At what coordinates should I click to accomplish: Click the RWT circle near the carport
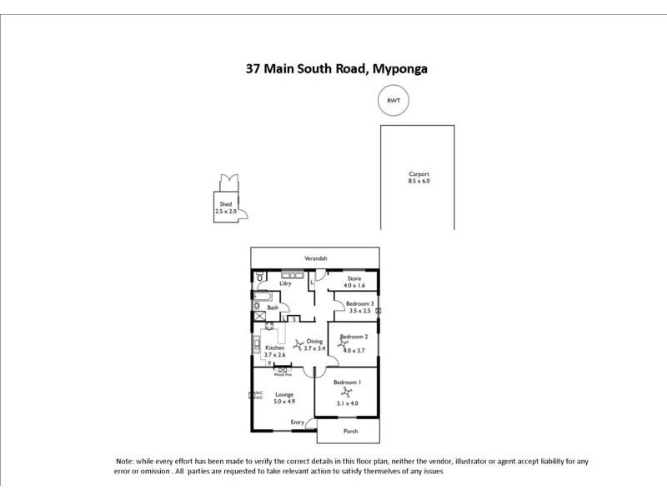click(x=394, y=101)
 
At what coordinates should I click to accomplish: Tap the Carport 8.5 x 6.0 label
click(x=419, y=177)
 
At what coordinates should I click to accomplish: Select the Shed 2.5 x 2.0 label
click(x=225, y=208)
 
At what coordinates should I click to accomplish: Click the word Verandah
click(x=315, y=258)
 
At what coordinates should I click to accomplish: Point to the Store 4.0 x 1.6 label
click(x=354, y=282)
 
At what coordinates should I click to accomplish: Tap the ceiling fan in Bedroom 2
click(x=342, y=342)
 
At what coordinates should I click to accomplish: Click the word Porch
click(x=349, y=431)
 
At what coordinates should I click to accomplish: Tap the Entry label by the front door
click(x=297, y=422)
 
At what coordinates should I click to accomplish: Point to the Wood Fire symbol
click(x=282, y=370)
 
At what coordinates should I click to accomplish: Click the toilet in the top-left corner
click(x=259, y=277)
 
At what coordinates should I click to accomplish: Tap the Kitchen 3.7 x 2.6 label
click(x=275, y=352)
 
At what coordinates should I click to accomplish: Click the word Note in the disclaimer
click(x=123, y=461)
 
